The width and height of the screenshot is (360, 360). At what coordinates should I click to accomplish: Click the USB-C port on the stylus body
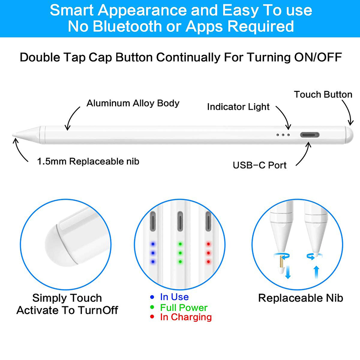click(x=310, y=135)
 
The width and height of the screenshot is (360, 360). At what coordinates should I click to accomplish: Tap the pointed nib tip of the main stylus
click(x=13, y=135)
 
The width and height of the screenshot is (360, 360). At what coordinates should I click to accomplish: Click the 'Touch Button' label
click(x=323, y=94)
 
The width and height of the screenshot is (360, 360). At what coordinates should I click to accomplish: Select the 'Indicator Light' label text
click(x=238, y=107)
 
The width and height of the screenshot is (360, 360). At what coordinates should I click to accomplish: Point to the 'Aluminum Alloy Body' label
click(x=133, y=103)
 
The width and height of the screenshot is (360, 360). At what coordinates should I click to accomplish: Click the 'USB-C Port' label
click(x=260, y=165)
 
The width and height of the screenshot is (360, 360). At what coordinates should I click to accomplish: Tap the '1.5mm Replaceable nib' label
click(x=88, y=162)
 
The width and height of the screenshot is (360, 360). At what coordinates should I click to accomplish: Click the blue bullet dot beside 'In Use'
click(x=152, y=297)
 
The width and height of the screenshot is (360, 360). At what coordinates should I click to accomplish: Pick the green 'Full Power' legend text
click(x=184, y=307)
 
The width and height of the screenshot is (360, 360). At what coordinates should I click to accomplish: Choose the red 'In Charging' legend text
click(x=186, y=317)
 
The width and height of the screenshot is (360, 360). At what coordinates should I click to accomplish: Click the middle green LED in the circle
click(x=180, y=253)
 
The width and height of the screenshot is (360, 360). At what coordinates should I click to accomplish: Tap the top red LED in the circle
click(x=208, y=244)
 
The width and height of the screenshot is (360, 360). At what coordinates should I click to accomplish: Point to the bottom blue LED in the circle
click(x=153, y=261)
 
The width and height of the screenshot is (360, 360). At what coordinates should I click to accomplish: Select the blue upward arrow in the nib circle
click(x=316, y=272)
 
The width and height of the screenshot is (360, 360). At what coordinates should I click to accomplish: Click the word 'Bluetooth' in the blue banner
click(x=127, y=26)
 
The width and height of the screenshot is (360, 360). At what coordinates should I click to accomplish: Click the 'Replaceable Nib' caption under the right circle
click(x=301, y=298)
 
